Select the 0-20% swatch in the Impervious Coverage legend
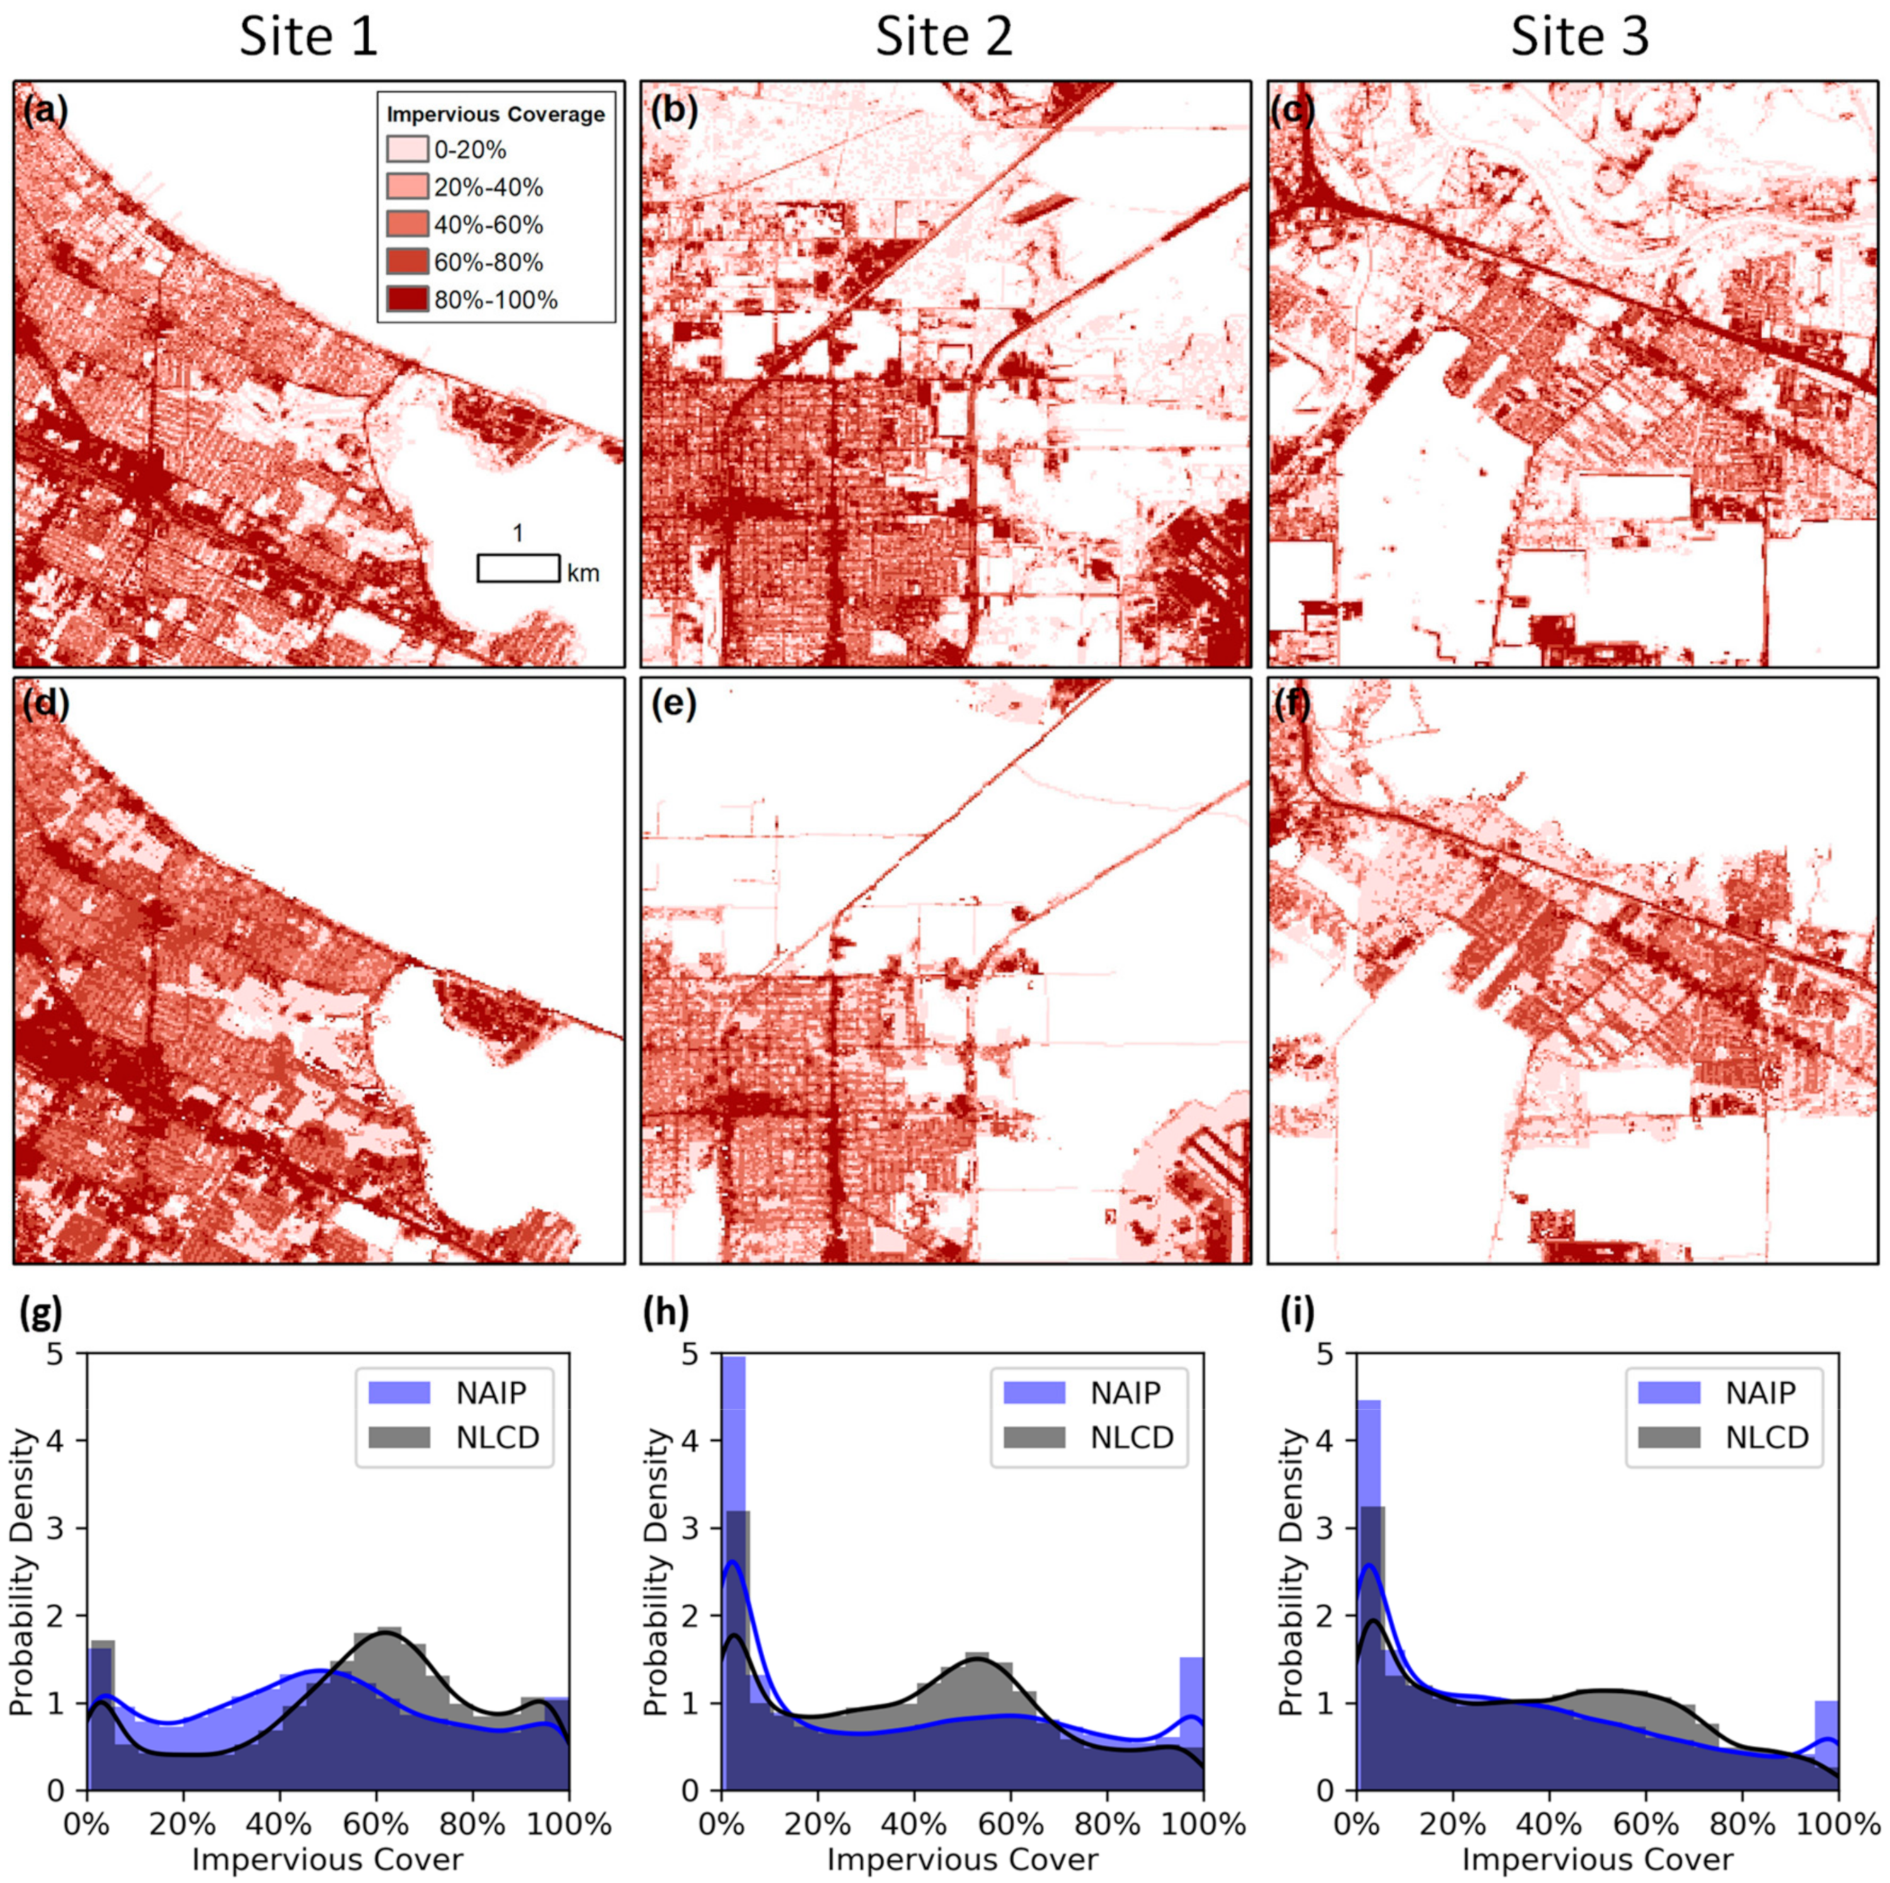click(407, 150)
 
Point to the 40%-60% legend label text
click(488, 225)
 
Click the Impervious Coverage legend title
click(496, 115)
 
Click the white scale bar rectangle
click(518, 568)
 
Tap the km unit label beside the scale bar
click(583, 573)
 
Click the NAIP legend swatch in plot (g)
click(399, 1392)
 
